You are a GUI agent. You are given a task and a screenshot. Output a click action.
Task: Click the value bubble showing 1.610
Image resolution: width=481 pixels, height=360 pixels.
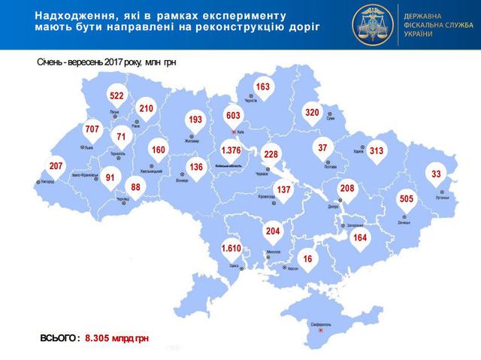(229, 248)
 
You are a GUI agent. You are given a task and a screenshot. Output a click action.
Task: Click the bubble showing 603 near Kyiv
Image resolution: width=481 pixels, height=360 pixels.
(233, 115)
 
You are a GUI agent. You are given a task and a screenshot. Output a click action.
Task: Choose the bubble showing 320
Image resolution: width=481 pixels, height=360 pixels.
(312, 113)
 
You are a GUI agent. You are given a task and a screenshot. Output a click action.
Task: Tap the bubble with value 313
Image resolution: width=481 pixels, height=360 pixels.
(377, 151)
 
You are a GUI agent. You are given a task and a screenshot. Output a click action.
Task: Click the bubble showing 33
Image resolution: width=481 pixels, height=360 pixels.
(436, 174)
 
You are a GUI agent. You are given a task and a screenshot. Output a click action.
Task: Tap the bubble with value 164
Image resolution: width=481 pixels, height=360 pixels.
(362, 238)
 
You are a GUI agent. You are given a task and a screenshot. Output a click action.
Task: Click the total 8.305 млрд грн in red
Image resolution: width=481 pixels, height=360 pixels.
(116, 339)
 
